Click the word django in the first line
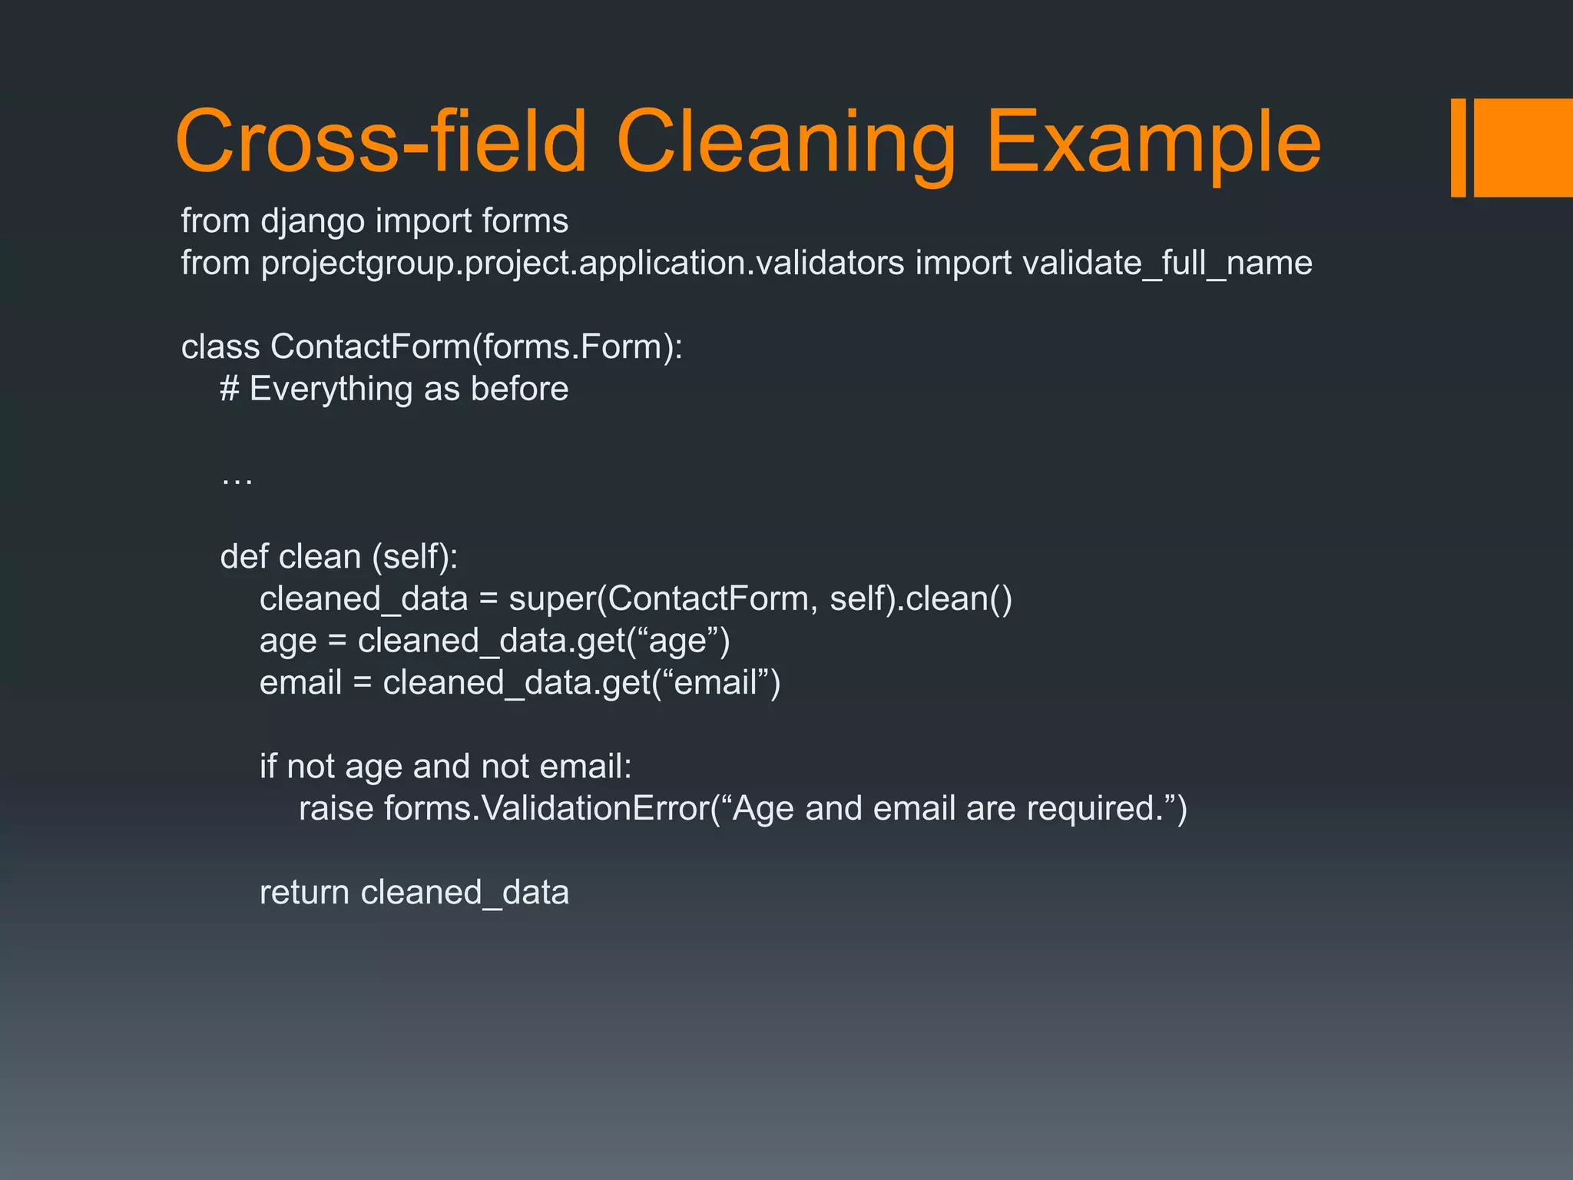[x=313, y=222]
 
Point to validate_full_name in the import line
[x=1167, y=264]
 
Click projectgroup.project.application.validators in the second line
[x=583, y=264]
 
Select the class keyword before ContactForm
[x=220, y=347]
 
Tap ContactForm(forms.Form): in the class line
[x=476, y=347]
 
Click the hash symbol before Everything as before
[x=230, y=389]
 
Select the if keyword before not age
[x=267, y=767]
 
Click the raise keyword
[x=336, y=809]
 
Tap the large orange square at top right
[x=1523, y=147]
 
